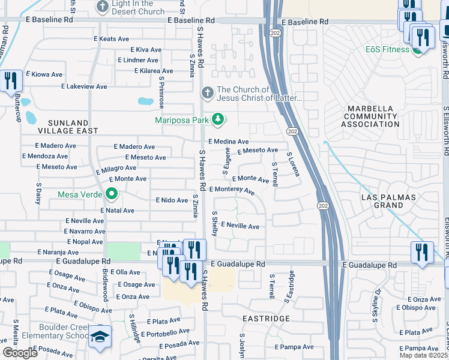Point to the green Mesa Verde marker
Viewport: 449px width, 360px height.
(111, 194)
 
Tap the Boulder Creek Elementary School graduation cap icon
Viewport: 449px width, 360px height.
(100, 338)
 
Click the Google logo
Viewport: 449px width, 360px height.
(19, 353)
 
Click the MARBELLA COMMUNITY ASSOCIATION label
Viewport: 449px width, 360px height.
(370, 116)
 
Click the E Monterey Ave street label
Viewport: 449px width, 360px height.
(232, 190)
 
